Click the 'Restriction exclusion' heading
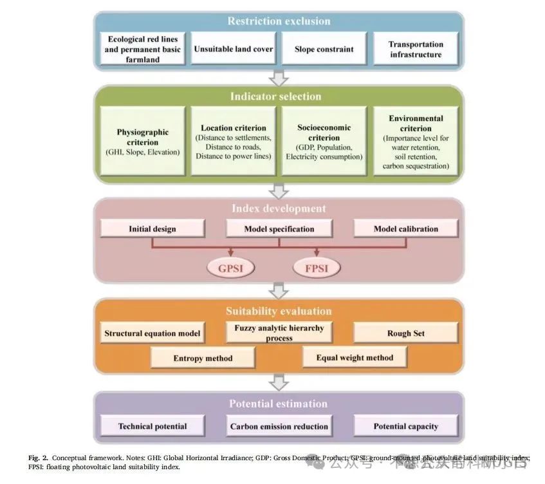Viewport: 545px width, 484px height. point(279,21)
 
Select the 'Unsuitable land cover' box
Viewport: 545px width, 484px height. point(234,49)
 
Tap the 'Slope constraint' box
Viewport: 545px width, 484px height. point(324,49)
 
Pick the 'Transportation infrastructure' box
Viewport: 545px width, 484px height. point(416,49)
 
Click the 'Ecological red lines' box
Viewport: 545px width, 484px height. point(143,49)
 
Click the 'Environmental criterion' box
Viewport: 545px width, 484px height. point(416,141)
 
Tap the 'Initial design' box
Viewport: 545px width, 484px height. point(152,228)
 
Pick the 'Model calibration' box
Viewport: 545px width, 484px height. point(405,228)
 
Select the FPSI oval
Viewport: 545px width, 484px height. point(316,266)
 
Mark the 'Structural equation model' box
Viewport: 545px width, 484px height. point(152,333)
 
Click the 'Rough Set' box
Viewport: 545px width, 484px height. point(405,333)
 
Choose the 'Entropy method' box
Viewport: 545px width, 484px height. point(203,358)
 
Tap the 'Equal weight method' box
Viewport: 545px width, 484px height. point(354,357)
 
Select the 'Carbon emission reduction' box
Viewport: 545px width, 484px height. point(279,426)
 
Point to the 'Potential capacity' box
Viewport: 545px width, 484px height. point(405,426)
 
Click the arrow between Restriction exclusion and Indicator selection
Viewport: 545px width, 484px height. point(279,79)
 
